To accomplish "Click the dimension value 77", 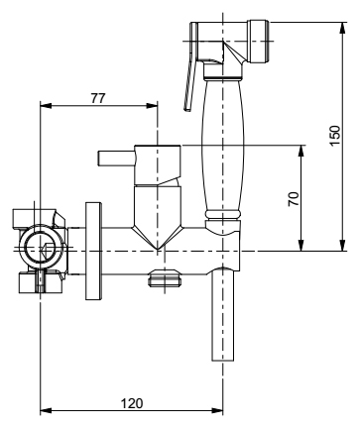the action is pyautogui.click(x=98, y=98).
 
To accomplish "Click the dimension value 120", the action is pyautogui.click(x=132, y=403).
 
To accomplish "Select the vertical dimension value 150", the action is pyautogui.click(x=334, y=136).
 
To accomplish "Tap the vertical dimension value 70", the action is pyautogui.click(x=294, y=199).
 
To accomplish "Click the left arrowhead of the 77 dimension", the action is pyautogui.click(x=46, y=106).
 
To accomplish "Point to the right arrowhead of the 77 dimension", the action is pyautogui.click(x=152, y=106).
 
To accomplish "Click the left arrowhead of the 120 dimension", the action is pyautogui.click(x=46, y=411).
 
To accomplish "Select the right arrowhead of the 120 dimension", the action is pyautogui.click(x=217, y=411).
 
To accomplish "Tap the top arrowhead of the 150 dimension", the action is pyautogui.click(x=343, y=28).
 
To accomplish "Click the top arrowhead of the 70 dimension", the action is pyautogui.click(x=300, y=151).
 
